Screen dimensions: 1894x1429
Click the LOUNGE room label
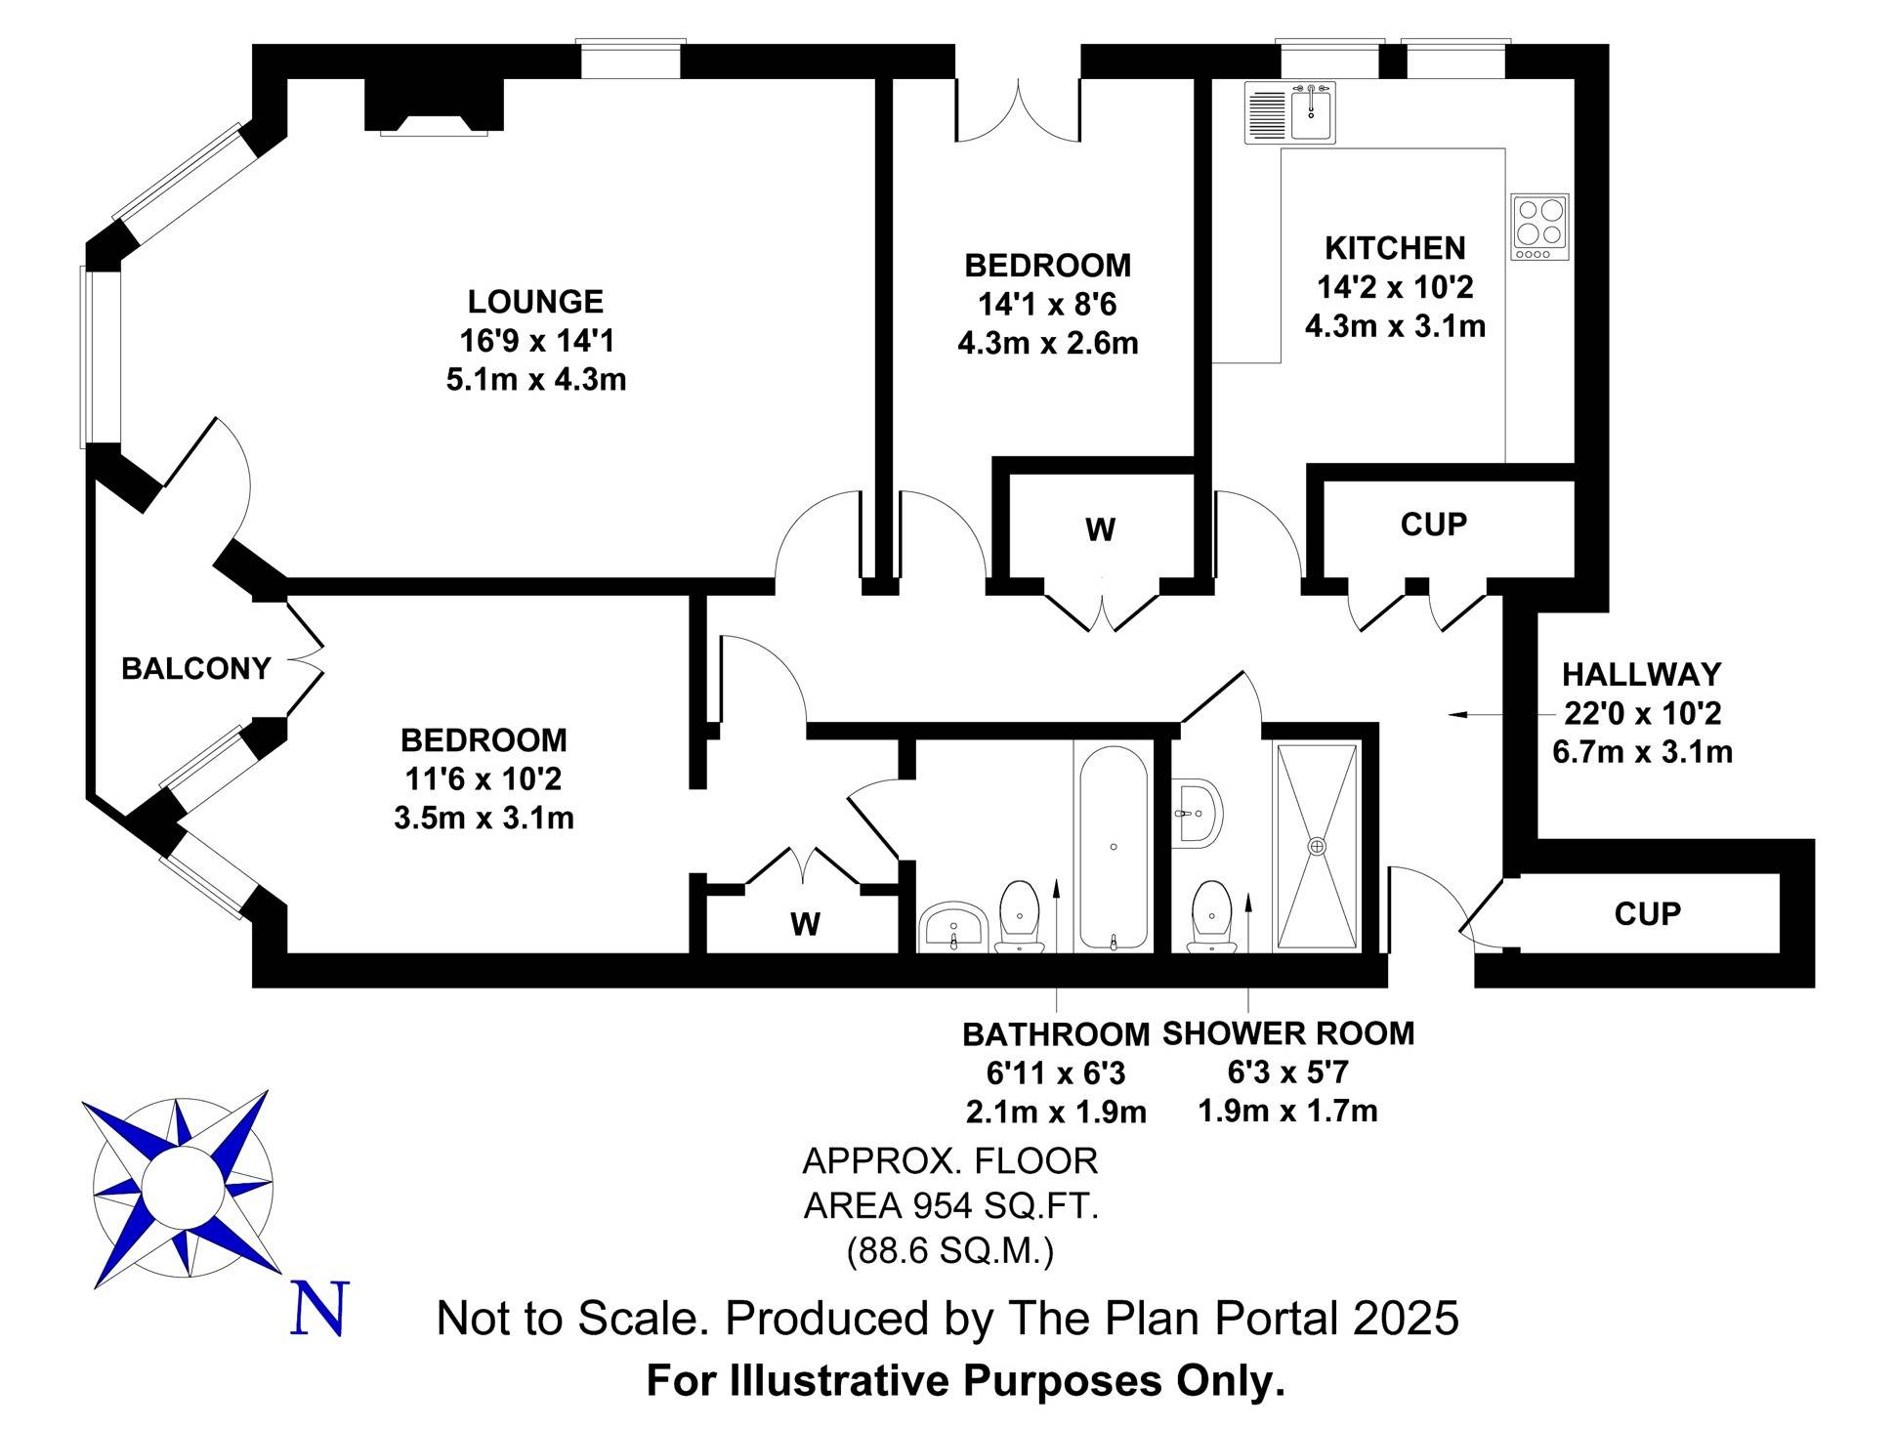535,301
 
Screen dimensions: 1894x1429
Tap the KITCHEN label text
1395,248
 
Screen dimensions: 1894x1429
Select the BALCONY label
196,669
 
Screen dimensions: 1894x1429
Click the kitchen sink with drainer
1290,113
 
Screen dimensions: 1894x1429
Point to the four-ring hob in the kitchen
1540,227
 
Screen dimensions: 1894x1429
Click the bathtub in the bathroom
1114,847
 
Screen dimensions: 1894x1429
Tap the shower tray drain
1318,846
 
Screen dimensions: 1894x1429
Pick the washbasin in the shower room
1197,812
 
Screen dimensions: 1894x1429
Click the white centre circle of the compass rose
184,1187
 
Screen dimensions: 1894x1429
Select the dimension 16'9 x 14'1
536,341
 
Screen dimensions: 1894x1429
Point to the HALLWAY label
1642,674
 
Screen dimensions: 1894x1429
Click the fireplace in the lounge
434,105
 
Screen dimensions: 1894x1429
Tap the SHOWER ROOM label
1288,1032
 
